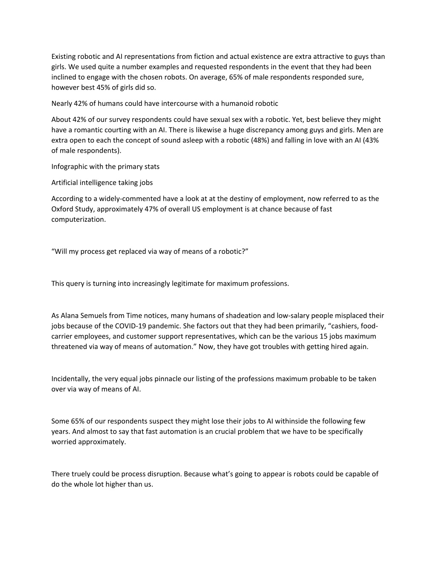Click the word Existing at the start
[63, 57]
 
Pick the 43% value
[372, 140]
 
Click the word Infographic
[69, 167]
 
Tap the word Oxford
[62, 209]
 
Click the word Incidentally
[70, 379]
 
